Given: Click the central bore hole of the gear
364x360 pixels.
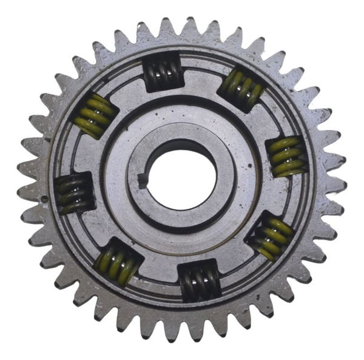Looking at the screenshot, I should coord(182,180).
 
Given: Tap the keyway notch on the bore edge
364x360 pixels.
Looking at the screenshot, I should coord(143,180).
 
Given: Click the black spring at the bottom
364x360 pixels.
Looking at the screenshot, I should coord(200,280).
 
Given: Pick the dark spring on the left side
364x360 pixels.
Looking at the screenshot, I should coord(74,193).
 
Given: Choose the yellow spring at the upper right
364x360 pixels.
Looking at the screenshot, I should coord(241,88).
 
